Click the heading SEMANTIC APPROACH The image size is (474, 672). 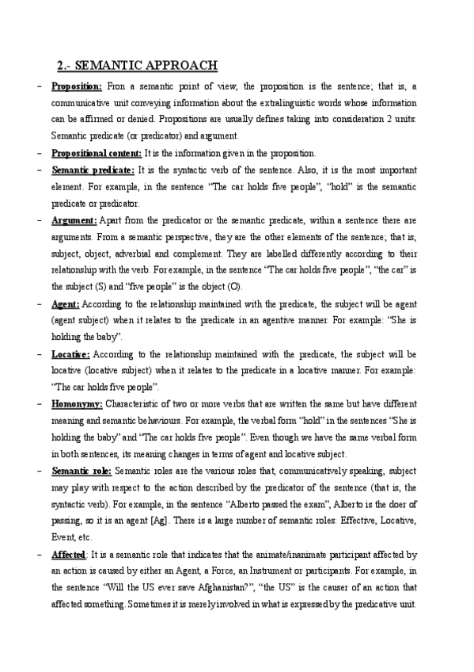(x=138, y=65)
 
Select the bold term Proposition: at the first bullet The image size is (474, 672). (x=77, y=86)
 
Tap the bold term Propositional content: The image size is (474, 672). (x=97, y=153)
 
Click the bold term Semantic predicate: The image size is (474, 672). (x=93, y=170)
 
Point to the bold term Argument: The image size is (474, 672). (x=74, y=220)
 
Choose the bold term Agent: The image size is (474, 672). (x=66, y=304)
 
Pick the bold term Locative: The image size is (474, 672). (x=70, y=353)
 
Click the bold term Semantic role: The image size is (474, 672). (x=81, y=470)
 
